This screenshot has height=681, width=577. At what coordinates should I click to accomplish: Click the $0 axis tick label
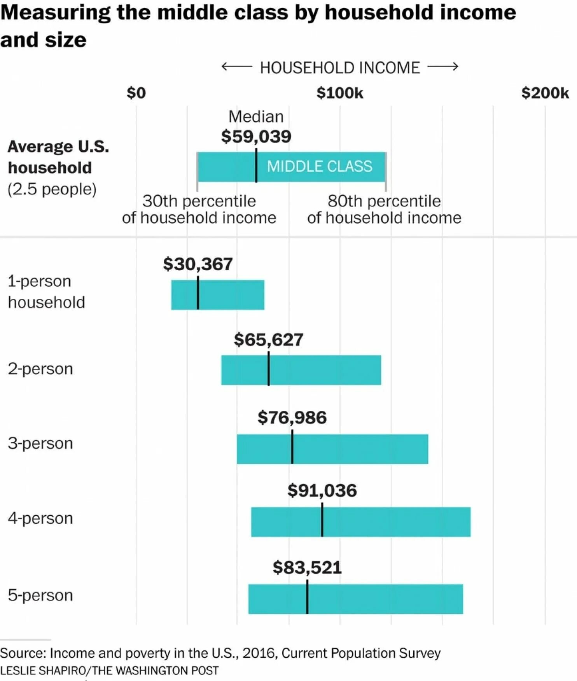tap(136, 93)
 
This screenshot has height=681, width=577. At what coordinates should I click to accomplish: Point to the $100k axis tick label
tap(340, 93)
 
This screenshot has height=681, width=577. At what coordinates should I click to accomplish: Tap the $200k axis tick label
tap(545, 93)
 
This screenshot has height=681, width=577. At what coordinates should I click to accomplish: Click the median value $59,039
tap(256, 137)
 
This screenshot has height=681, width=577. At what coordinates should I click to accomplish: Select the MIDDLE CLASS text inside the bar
tap(320, 166)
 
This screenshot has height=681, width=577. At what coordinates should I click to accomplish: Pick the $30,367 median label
tap(198, 264)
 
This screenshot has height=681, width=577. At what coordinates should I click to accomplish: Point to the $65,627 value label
tap(268, 340)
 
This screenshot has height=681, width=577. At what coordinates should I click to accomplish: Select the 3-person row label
tap(40, 443)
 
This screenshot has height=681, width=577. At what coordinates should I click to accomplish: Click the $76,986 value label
tap(292, 417)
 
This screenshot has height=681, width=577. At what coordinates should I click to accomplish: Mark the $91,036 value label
tap(322, 490)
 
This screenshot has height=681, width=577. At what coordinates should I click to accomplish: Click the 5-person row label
tap(40, 595)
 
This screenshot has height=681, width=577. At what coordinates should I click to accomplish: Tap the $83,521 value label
tap(307, 567)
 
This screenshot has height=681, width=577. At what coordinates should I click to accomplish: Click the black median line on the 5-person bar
tap(307, 597)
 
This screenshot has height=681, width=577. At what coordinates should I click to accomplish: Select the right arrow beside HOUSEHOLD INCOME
tap(443, 67)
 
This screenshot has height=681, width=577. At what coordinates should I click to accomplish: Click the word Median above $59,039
tap(256, 117)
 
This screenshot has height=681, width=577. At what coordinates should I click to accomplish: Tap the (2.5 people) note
tap(52, 189)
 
